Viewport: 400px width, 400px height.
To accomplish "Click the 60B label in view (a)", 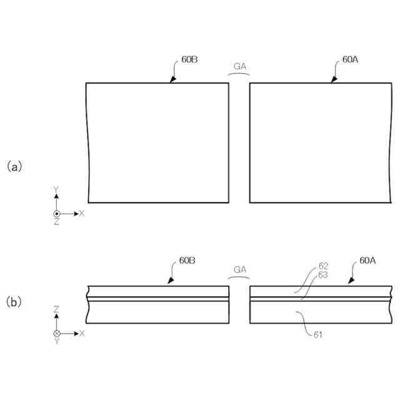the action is pos(190,60).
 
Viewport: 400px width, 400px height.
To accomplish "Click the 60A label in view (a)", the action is pos(350,60).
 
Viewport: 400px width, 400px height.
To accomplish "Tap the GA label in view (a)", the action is pos(240,66).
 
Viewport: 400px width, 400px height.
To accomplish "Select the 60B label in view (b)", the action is pos(187,260).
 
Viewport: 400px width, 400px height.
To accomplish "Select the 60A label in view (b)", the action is pos(367,260).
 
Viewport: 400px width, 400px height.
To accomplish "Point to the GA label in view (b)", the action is pos(240,269).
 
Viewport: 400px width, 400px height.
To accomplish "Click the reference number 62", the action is pos(323,266).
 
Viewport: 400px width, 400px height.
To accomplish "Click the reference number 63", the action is pos(323,274).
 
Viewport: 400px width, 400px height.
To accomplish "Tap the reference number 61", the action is pos(319,335).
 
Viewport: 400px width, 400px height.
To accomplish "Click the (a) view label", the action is pos(14,166).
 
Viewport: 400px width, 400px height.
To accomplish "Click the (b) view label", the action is pos(14,302).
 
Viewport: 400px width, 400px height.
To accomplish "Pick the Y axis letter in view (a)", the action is pos(56,189).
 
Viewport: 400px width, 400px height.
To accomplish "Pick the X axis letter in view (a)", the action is pos(82,213).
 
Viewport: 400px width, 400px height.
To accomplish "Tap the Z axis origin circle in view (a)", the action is pos(56,214).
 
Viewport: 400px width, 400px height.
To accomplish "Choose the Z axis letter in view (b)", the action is pos(56,309).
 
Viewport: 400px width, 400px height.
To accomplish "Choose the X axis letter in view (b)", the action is pos(82,333).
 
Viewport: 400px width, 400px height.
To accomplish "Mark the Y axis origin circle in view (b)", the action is pos(56,333).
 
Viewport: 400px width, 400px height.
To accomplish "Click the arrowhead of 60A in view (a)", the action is pos(332,81).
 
